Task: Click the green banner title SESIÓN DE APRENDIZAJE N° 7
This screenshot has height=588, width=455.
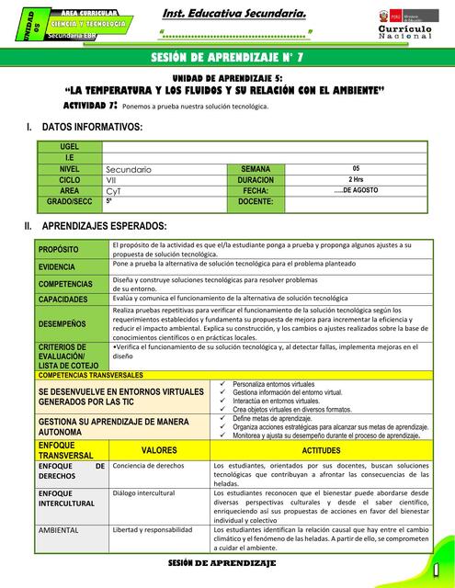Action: [227, 60]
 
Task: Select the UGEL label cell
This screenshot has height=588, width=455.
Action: [69, 147]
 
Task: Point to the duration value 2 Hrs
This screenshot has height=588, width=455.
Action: [356, 180]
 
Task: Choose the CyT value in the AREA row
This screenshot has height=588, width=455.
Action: [114, 190]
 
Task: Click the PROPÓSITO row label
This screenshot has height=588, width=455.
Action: [60, 250]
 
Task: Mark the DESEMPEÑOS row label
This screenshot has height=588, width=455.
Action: [63, 323]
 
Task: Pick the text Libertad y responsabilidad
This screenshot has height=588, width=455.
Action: [153, 530]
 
